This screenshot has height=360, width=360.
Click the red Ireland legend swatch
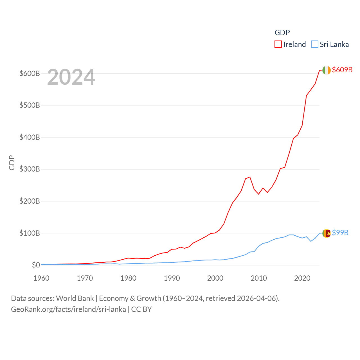[x=278, y=44]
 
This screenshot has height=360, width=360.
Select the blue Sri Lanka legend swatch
[x=314, y=44]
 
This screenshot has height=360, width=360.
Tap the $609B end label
[x=342, y=70]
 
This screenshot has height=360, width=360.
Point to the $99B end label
[x=340, y=233]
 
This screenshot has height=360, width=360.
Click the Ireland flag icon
[x=327, y=70]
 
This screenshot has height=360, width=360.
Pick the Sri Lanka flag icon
[x=327, y=233]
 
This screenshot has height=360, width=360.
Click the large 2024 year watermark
[x=71, y=77]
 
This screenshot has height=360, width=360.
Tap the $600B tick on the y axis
[x=30, y=73]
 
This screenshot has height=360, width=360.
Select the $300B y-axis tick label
[x=30, y=169]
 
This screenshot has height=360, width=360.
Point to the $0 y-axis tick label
[x=36, y=265]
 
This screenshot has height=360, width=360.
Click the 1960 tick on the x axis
[x=41, y=278]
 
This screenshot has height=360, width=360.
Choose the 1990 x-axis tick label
[x=172, y=278]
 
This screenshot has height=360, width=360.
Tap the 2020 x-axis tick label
[x=302, y=278]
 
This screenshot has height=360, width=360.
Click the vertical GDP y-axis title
[x=12, y=163]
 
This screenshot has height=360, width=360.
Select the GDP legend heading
[x=282, y=33]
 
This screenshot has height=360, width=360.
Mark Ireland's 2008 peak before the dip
[x=250, y=177]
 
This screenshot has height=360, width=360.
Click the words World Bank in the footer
[x=75, y=298]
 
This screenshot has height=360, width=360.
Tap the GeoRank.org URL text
[x=68, y=309]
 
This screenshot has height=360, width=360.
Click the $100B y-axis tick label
[x=30, y=233]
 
